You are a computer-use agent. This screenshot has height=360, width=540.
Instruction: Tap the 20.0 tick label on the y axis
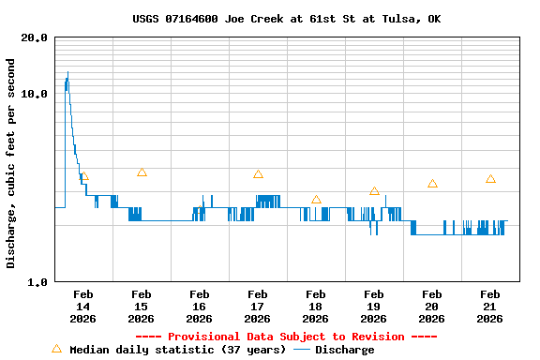tap(35, 37)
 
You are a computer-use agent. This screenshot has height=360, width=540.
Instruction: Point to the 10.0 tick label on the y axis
tap(35, 94)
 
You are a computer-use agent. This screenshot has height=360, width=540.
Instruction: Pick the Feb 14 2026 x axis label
tap(82, 307)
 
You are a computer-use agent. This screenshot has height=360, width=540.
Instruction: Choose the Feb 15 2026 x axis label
tap(141, 307)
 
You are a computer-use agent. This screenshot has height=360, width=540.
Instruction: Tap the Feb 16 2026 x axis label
tap(199, 307)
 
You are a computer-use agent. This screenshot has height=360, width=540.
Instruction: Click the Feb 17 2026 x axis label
tap(257, 307)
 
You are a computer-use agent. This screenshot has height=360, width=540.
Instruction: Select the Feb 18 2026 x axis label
tap(315, 307)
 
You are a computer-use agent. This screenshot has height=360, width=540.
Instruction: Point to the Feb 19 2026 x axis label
tap(373, 307)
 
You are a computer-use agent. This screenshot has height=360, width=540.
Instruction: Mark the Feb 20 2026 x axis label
tap(431, 307)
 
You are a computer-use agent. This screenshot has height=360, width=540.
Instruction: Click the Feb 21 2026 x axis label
tap(489, 307)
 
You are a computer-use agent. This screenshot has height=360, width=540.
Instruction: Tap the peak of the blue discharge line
tap(67, 72)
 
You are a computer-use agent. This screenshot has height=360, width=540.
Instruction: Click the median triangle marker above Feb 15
tap(142, 172)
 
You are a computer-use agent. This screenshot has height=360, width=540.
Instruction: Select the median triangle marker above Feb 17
tap(258, 174)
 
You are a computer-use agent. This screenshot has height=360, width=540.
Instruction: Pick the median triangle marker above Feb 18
tap(316, 200)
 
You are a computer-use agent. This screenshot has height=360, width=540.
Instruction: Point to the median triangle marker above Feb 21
tap(490, 179)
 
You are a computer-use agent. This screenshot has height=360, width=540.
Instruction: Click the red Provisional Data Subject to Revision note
tap(286, 337)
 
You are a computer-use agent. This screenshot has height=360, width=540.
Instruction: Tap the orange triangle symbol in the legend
tap(56, 349)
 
